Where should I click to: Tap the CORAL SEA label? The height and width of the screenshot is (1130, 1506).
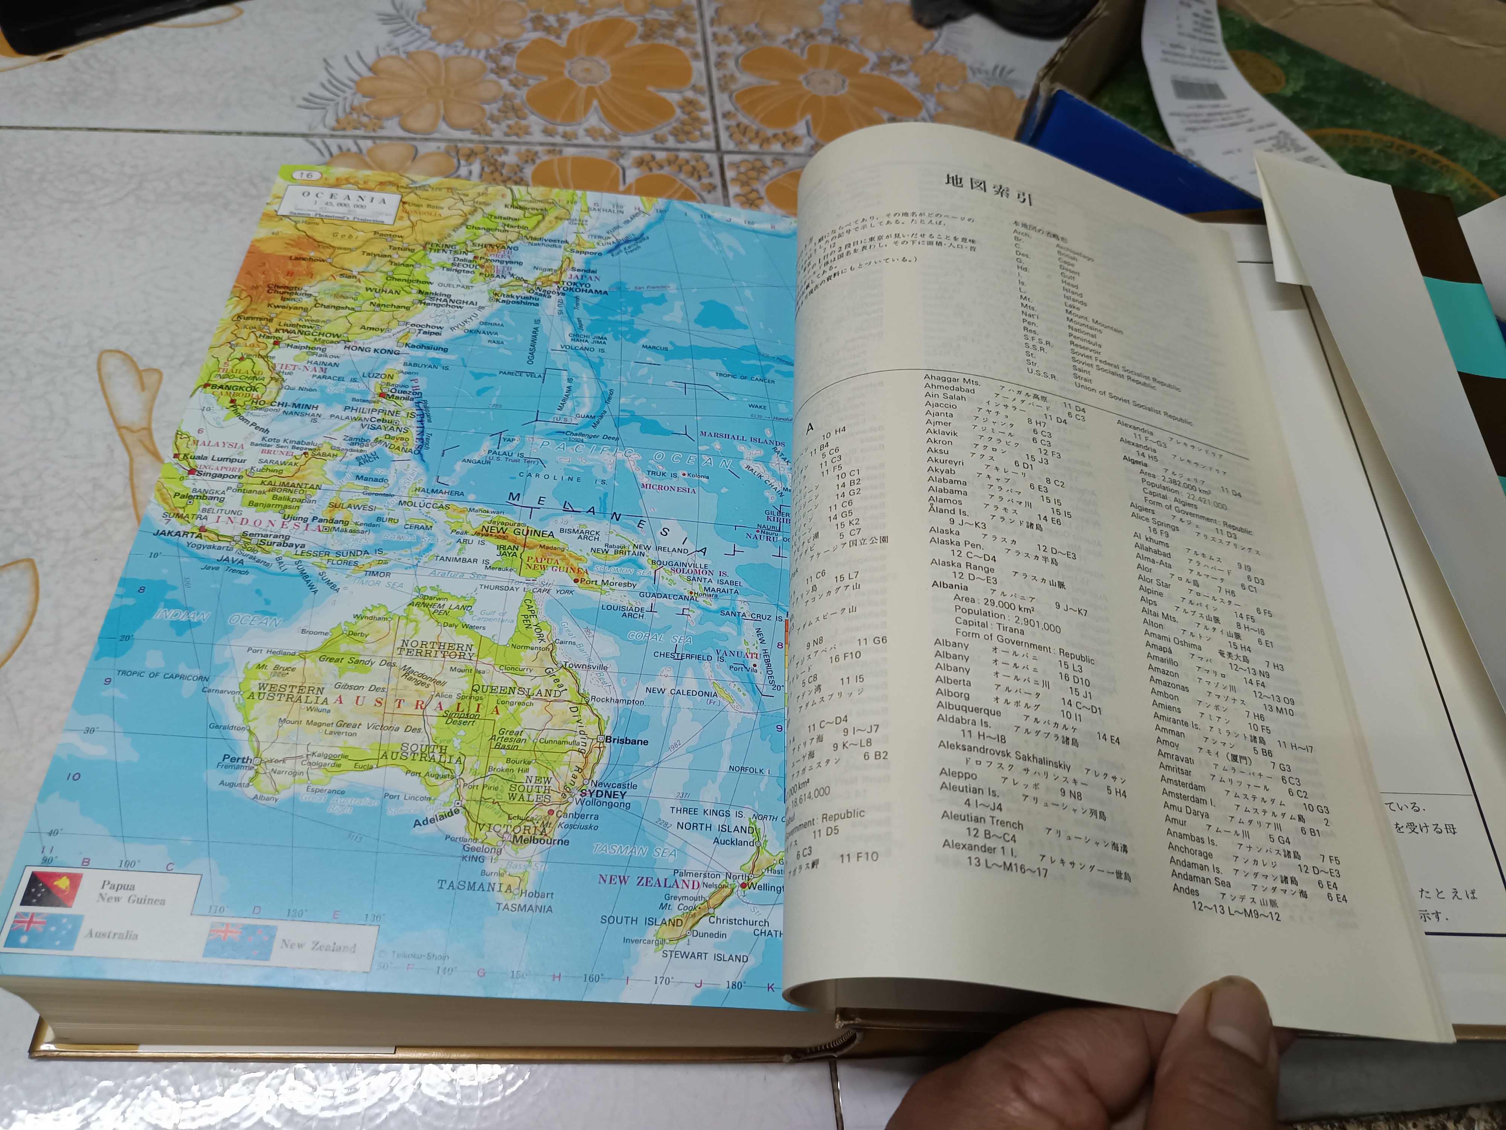[659, 638]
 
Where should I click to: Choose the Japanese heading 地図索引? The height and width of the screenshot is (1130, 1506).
[989, 189]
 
